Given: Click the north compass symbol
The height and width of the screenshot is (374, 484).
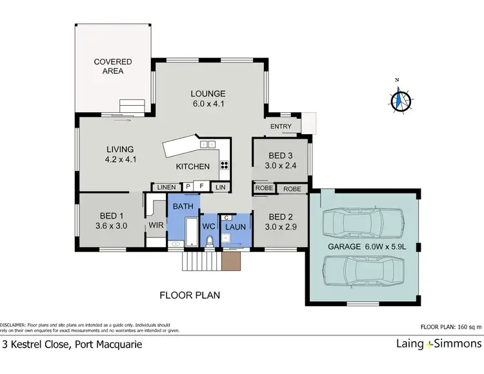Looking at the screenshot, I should coord(401,100).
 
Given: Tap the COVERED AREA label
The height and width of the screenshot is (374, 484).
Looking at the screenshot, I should coord(113,66).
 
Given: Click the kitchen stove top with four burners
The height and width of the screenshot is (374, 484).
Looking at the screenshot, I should coord(224,164).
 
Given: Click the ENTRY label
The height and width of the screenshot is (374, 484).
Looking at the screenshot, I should coord(281,126).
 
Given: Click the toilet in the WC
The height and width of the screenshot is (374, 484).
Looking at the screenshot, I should coord(210,240).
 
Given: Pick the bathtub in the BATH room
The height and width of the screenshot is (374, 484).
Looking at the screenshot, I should coord(192,231).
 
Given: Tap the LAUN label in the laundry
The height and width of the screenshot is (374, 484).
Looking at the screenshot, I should coord(235,227).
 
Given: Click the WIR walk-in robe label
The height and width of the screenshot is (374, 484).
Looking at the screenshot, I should coord(156,226).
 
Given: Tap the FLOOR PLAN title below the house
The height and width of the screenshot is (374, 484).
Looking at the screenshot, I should coord(190,295).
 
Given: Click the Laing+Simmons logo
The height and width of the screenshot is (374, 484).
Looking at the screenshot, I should coord(438,344).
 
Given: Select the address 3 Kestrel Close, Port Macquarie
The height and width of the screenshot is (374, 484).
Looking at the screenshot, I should coord(72,344).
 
